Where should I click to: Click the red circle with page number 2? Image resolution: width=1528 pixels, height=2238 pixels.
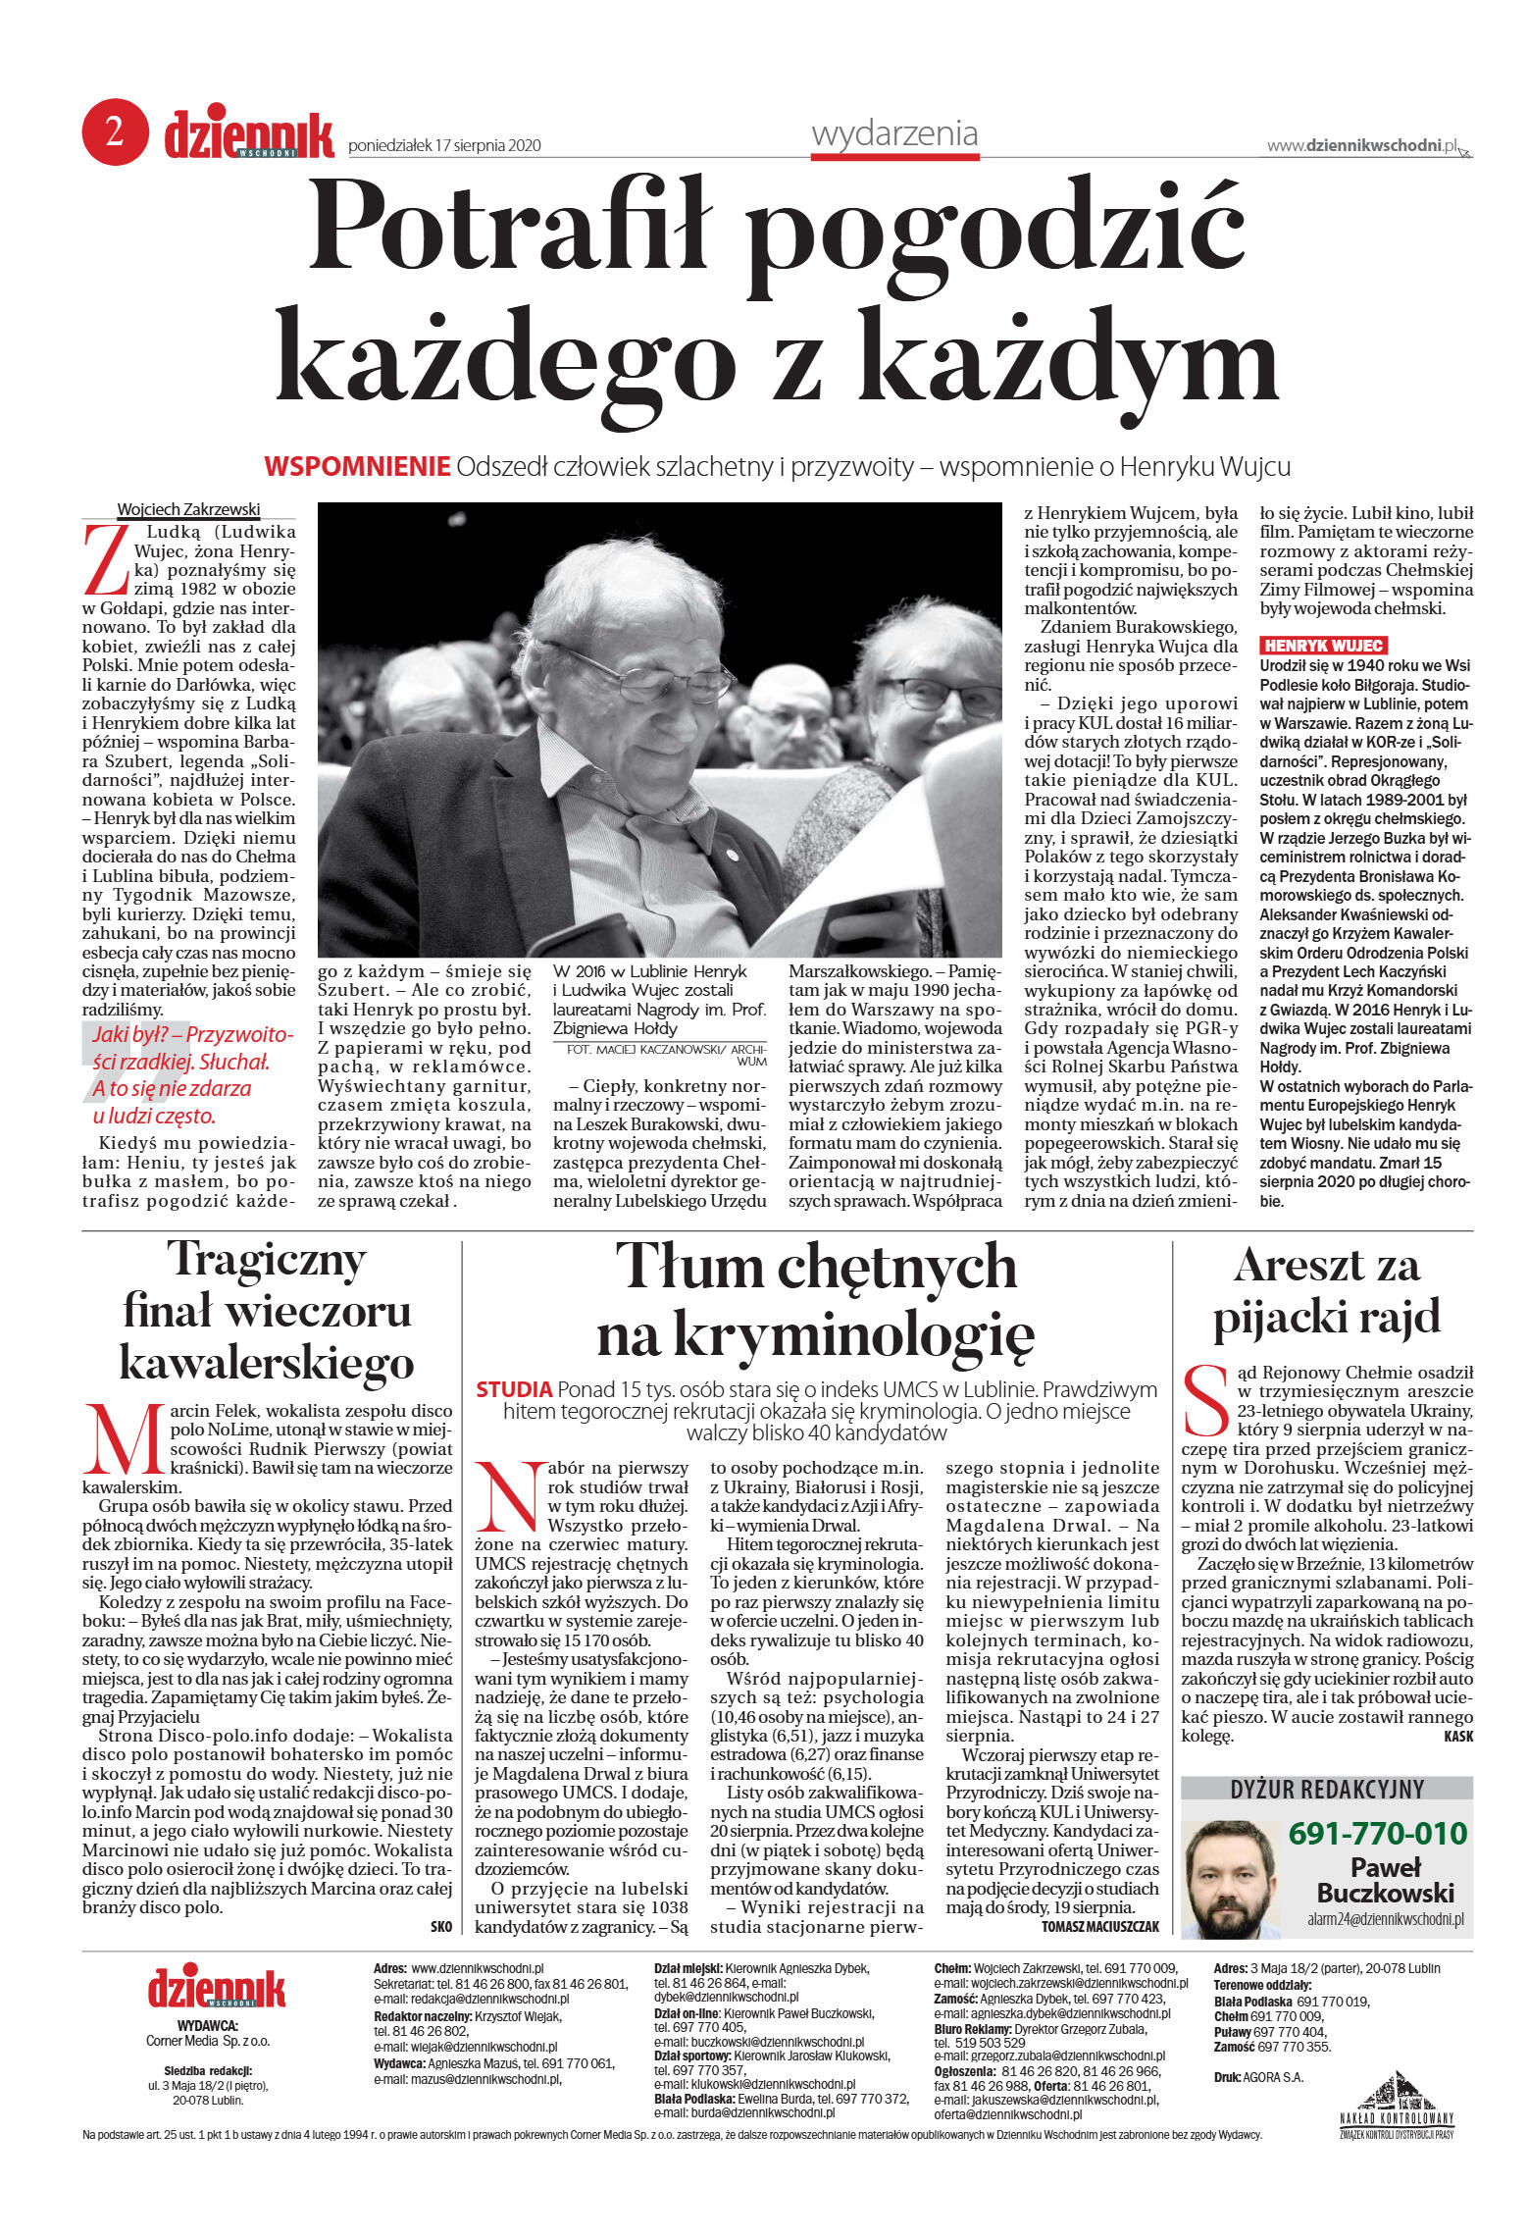pos(115,131)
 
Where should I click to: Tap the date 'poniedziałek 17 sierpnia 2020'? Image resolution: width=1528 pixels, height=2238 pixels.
pos(444,146)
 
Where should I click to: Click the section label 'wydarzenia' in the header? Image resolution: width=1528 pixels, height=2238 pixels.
pos(894,133)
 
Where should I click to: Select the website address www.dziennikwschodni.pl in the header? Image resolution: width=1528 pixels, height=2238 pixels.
pos(1362,146)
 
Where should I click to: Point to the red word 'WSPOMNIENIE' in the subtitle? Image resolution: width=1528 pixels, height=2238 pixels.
pos(357,467)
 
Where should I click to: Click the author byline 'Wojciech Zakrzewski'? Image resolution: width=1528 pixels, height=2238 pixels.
pos(188,509)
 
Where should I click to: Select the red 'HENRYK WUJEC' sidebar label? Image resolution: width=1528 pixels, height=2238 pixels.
pos(1323,645)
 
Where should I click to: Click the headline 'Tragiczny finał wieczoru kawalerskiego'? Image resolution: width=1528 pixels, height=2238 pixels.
pos(267,1310)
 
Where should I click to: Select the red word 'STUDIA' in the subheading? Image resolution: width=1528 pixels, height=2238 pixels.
pos(514,1389)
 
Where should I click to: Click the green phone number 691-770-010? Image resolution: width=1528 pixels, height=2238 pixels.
pos(1377,1832)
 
